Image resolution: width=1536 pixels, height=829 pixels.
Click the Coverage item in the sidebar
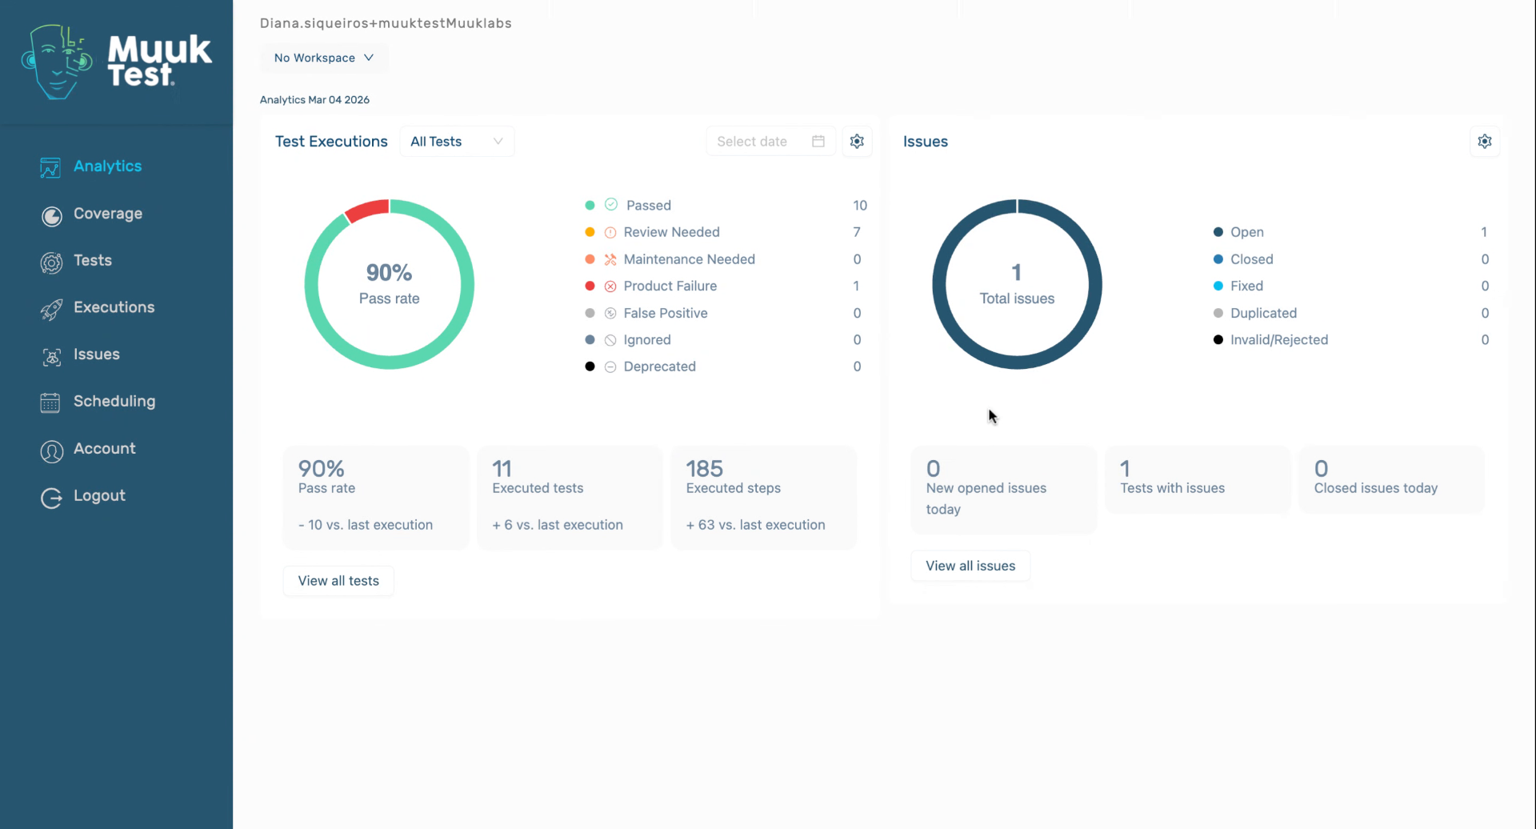click(x=107, y=214)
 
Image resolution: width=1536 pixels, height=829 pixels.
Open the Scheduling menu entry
click(x=114, y=401)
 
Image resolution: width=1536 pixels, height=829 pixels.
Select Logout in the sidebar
click(x=98, y=495)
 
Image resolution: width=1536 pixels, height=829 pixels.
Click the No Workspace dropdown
click(x=323, y=58)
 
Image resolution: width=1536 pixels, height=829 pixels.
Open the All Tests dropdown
click(x=456, y=142)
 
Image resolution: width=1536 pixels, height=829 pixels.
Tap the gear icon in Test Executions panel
click(x=857, y=142)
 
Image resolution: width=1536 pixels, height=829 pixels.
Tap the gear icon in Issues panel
click(x=1485, y=142)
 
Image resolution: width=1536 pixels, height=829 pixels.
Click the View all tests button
click(x=338, y=581)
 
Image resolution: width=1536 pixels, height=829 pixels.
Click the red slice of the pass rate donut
click(x=368, y=210)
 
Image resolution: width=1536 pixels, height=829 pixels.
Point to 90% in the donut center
click(x=389, y=273)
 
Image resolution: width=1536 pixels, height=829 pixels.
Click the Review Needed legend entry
click(x=671, y=232)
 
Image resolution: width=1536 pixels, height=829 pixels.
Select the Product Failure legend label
click(x=670, y=286)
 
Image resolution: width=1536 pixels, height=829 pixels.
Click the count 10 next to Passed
click(x=859, y=206)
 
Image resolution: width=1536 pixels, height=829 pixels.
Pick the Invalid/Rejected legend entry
click(x=1278, y=340)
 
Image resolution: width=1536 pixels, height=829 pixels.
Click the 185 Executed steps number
click(x=704, y=468)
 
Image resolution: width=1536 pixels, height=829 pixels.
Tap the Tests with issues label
click(x=1172, y=488)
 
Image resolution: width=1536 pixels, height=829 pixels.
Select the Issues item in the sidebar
click(x=96, y=354)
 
